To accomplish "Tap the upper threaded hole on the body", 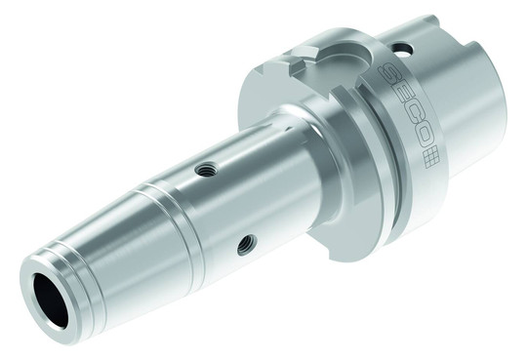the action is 206,168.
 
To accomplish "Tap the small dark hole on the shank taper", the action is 402,49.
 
